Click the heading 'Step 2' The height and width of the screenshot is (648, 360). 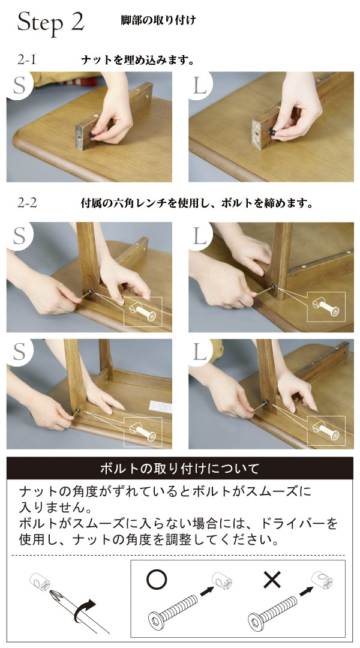point(51,22)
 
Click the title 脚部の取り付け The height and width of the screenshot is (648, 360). point(158,20)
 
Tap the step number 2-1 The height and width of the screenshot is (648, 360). point(27,60)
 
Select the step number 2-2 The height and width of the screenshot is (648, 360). point(27,203)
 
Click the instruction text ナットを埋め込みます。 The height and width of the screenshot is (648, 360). point(137,61)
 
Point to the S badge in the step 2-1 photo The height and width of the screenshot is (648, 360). point(19,85)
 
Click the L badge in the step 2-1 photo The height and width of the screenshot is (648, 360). point(200,86)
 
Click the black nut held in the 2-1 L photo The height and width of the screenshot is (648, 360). point(272,131)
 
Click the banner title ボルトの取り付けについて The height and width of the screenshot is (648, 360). point(180,468)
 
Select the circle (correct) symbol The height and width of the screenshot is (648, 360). point(157,578)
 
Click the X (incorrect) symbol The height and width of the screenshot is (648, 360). point(272,580)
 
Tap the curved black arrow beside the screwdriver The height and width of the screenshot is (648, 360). point(85,611)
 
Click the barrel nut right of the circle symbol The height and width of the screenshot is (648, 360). point(221,580)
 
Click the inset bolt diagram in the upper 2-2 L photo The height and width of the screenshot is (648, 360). point(326,307)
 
